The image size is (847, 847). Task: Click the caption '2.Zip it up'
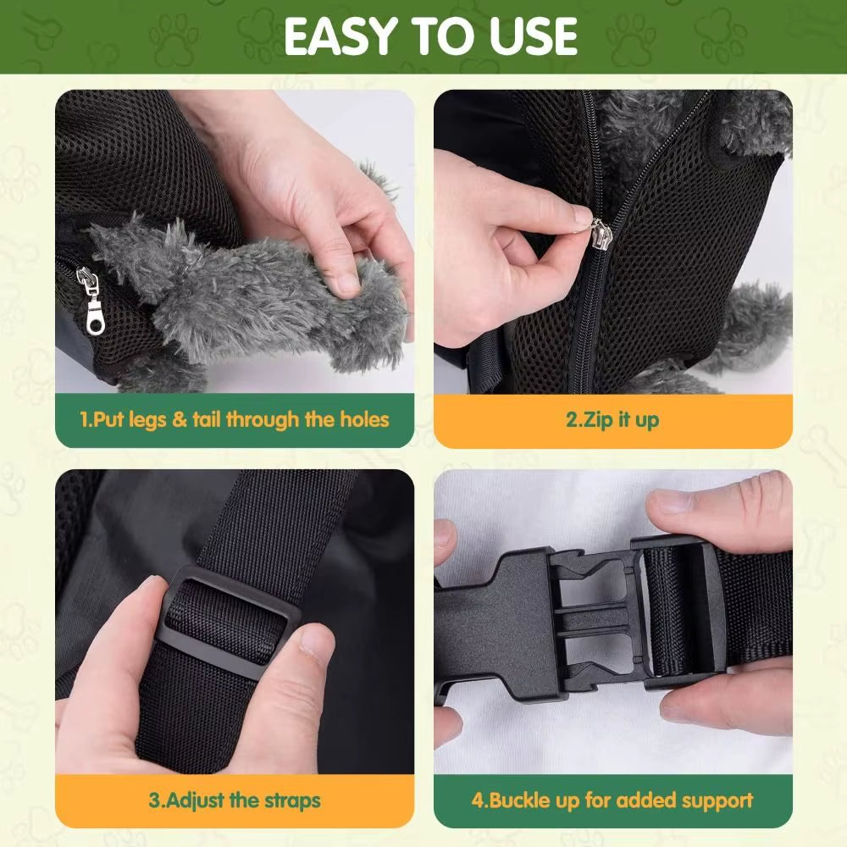point(612,419)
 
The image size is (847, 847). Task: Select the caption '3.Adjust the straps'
point(235,800)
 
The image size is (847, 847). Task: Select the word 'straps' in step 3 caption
point(291,800)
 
